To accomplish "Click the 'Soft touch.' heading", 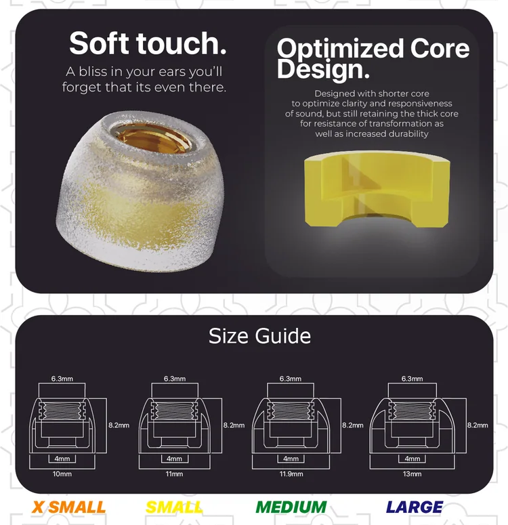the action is pyautogui.click(x=148, y=43).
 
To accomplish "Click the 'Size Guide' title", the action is pyautogui.click(x=259, y=336).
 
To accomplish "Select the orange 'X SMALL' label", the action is pyautogui.click(x=68, y=507).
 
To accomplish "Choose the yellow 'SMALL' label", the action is pyautogui.click(x=174, y=507).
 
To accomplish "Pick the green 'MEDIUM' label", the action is pyautogui.click(x=291, y=507).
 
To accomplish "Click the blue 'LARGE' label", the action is pyautogui.click(x=415, y=507).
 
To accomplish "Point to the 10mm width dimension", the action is pyautogui.click(x=62, y=474).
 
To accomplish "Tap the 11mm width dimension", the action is pyautogui.click(x=174, y=474).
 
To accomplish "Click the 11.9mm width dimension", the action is pyautogui.click(x=291, y=474).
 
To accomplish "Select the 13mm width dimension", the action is pyautogui.click(x=412, y=474).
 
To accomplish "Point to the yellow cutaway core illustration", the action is pyautogui.click(x=377, y=189).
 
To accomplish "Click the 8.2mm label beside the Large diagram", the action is pyautogui.click(x=478, y=425).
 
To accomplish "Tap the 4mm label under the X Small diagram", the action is pyautogui.click(x=62, y=459).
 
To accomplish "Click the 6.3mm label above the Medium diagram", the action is pyautogui.click(x=291, y=379).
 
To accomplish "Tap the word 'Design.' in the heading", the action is pyautogui.click(x=323, y=69).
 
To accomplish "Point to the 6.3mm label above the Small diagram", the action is pyautogui.click(x=175, y=379).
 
